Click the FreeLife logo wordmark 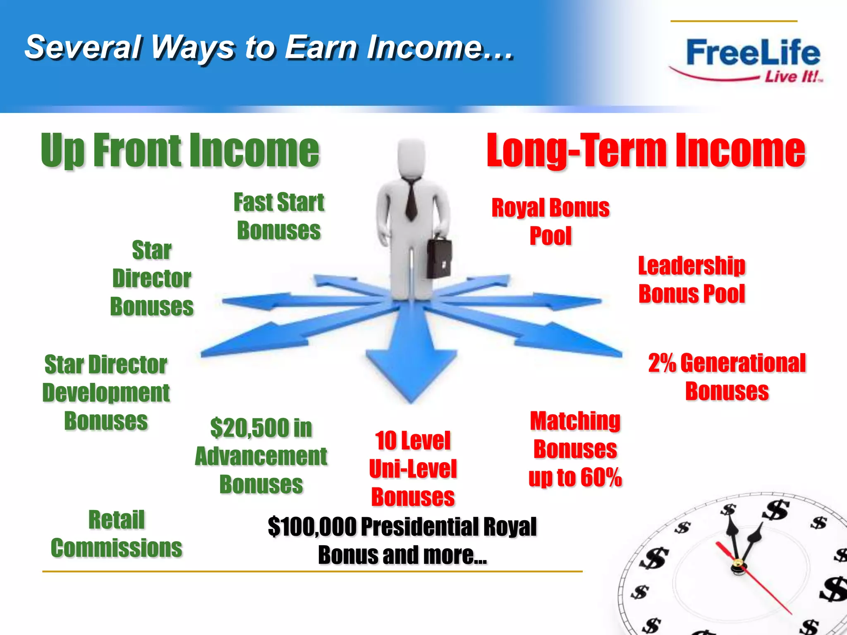(x=753, y=53)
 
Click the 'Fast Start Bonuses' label (x=279, y=216)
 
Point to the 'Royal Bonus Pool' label (x=550, y=222)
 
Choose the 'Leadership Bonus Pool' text (x=691, y=279)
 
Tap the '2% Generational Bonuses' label (x=727, y=377)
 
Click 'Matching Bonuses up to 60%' (x=575, y=449)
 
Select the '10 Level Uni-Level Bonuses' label (x=413, y=468)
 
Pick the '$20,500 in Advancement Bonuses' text (x=261, y=456)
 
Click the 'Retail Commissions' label (x=116, y=534)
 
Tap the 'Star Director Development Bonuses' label (x=106, y=392)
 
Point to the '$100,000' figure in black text (x=312, y=527)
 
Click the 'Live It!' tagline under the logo (x=792, y=77)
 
